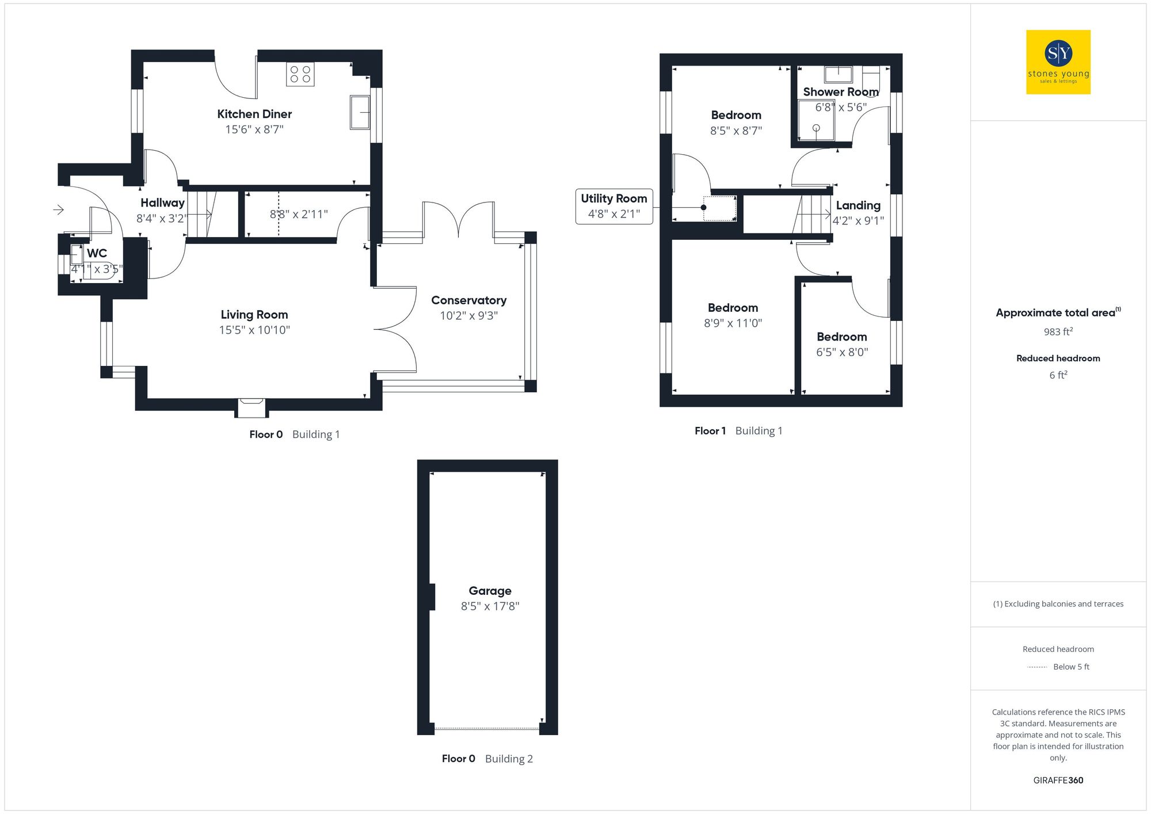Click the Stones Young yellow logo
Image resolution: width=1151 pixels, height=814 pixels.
coord(1058,62)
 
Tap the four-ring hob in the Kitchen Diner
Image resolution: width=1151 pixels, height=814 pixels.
coord(300,74)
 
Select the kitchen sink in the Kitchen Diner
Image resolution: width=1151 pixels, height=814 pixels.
coord(360,112)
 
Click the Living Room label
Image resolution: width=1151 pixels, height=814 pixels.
coord(254,315)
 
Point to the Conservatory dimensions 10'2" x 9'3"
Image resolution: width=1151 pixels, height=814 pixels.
coord(468,316)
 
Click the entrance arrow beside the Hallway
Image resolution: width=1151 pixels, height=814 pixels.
coord(58,210)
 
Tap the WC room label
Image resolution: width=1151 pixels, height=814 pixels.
coord(97,253)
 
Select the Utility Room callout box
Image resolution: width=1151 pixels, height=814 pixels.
coord(613,206)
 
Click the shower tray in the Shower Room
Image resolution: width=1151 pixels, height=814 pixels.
coord(816,120)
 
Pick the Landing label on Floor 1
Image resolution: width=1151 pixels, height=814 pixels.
coord(858,205)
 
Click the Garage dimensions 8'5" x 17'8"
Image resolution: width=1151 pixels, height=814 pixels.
coord(490,606)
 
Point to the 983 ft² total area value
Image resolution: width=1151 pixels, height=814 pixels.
coord(1058,332)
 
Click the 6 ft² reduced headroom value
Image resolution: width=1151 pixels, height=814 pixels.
coord(1058,375)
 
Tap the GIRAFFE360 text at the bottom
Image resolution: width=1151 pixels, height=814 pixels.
coord(1058,781)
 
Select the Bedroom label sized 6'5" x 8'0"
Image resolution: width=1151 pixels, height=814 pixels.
coord(841,337)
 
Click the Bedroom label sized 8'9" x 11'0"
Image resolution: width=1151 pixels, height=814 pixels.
coord(733,308)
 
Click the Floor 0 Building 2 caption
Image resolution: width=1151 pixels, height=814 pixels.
coord(487,759)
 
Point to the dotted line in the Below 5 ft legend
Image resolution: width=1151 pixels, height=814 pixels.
coord(1037,667)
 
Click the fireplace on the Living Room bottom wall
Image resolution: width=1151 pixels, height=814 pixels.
coord(251,407)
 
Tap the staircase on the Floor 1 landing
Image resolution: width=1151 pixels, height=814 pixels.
coord(812,215)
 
